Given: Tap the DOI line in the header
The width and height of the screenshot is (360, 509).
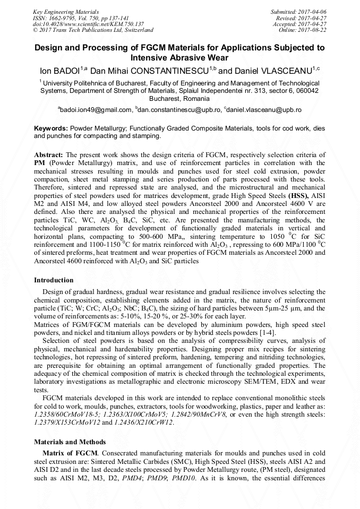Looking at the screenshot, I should (88, 24).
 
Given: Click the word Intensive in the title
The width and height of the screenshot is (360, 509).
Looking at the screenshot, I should (152, 57).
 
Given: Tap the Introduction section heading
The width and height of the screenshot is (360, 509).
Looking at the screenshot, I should (54, 280).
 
